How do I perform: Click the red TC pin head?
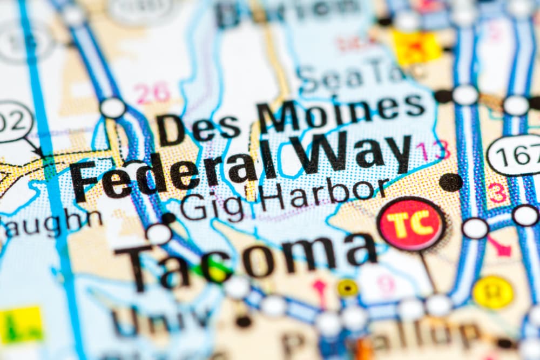[x=411, y=223]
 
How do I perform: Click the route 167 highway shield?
[x=515, y=155]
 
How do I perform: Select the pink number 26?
[x=152, y=93]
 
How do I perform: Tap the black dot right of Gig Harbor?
[x=450, y=182]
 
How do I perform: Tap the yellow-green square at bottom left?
[x=21, y=324]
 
